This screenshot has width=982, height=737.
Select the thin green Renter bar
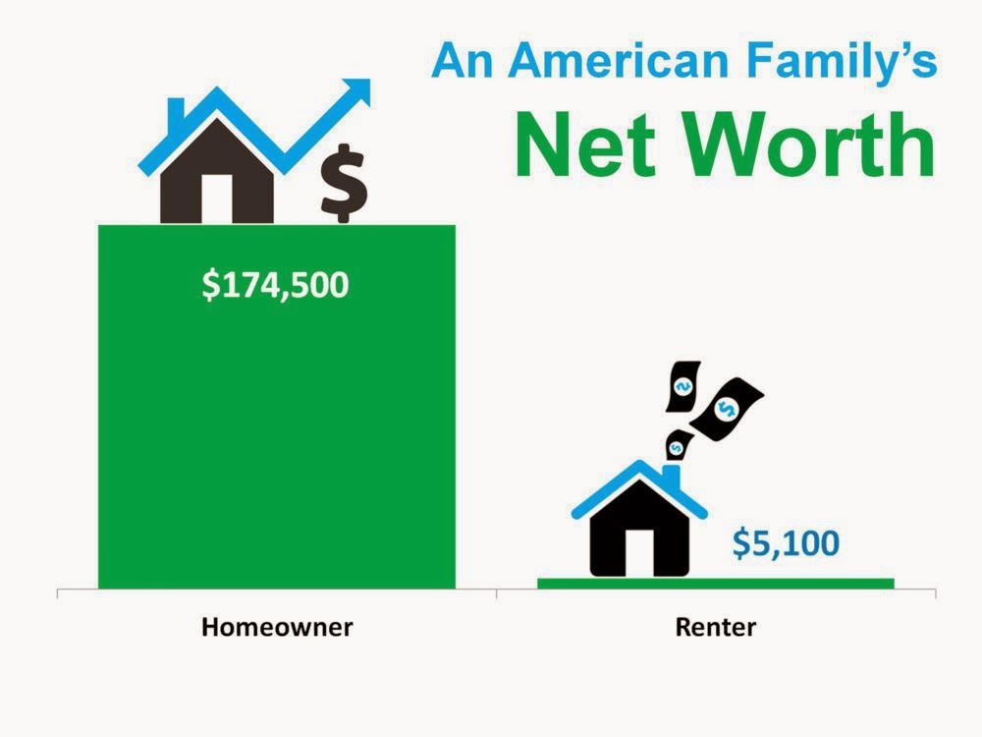point(716,584)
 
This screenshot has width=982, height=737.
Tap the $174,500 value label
point(275,286)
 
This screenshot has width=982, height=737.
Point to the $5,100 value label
point(786,543)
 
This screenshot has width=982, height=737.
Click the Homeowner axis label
point(277,627)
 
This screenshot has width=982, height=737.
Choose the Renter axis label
point(715,627)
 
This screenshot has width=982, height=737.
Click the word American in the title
point(618,61)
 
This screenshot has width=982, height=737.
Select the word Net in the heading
point(585,144)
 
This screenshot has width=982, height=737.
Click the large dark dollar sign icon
point(343,183)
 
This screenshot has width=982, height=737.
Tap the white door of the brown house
point(217,198)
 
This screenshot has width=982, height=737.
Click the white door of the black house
point(639,552)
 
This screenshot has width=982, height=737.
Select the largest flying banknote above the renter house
point(727,408)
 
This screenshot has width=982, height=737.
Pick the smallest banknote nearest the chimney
point(678,445)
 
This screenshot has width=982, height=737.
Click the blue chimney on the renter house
point(672,475)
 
